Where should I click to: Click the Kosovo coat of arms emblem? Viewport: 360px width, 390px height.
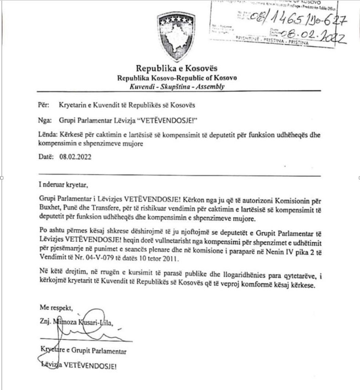pyautogui.click(x=176, y=36)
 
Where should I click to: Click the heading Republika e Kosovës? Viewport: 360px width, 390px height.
pyautogui.click(x=177, y=68)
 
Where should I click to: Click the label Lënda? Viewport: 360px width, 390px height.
pyautogui.click(x=46, y=135)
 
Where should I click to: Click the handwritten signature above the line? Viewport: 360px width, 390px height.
pyautogui.click(x=81, y=332)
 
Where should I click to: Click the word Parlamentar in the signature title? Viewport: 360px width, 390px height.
pyautogui.click(x=109, y=351)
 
